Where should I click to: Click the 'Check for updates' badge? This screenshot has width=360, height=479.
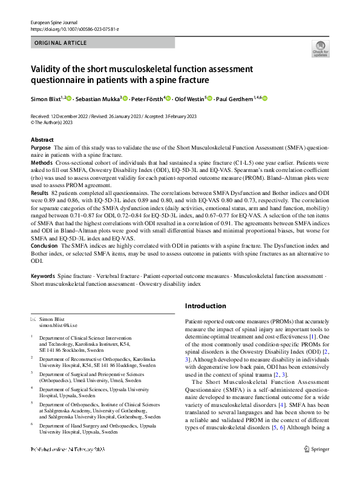click(x=321, y=48)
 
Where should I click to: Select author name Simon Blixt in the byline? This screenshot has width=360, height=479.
click(x=47, y=99)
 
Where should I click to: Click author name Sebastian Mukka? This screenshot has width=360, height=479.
click(x=99, y=99)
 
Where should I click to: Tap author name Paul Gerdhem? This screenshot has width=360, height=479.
click(x=235, y=99)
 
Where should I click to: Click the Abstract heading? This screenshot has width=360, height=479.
click(x=42, y=140)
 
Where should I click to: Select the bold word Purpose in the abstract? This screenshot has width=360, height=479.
click(x=41, y=148)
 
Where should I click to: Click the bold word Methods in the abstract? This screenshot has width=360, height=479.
click(x=41, y=164)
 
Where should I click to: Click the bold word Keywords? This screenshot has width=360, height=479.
click(x=43, y=276)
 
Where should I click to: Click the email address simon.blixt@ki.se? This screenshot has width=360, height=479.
click(x=59, y=326)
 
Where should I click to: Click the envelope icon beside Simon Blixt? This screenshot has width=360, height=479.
click(x=33, y=319)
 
